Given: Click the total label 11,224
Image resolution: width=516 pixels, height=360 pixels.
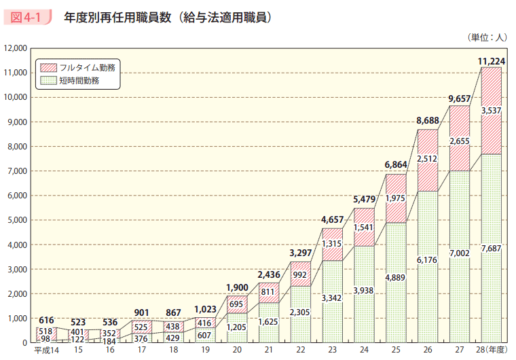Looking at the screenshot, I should [492, 61].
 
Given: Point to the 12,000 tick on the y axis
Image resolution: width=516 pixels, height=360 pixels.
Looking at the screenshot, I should [15, 48].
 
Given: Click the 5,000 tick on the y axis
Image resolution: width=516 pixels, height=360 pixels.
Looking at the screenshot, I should [17, 220].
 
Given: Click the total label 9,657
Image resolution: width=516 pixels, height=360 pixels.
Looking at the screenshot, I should [460, 99].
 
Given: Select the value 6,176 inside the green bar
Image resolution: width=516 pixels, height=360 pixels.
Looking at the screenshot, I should [428, 259].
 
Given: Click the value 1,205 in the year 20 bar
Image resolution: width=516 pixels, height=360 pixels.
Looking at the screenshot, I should [236, 327].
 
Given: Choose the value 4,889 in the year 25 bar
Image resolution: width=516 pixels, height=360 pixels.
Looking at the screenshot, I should [396, 278].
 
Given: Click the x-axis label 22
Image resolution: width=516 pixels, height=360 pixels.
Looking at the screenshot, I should [300, 350].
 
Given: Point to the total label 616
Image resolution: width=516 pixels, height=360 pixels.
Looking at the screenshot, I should [45, 321].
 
